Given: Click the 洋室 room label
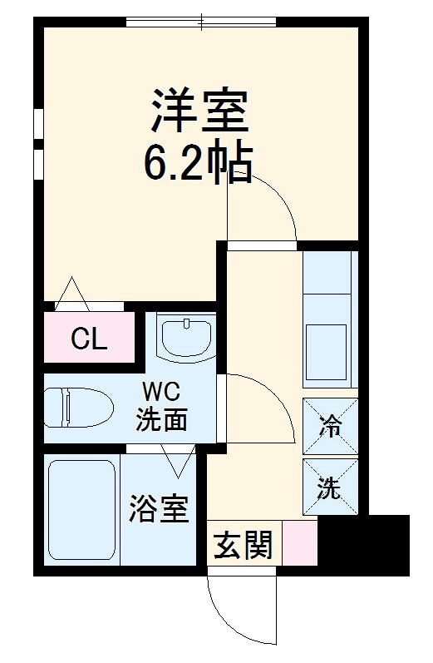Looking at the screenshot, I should (199, 113).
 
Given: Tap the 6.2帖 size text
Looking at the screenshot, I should (199, 165).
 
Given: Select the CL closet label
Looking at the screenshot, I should (88, 339).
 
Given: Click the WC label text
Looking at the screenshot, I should (161, 392).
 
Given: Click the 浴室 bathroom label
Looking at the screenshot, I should (157, 509).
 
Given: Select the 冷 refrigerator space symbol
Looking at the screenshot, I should (331, 428).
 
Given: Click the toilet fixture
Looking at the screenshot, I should (78, 408).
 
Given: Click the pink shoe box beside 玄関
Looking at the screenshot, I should (300, 542).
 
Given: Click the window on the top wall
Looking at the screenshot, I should (204, 22).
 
